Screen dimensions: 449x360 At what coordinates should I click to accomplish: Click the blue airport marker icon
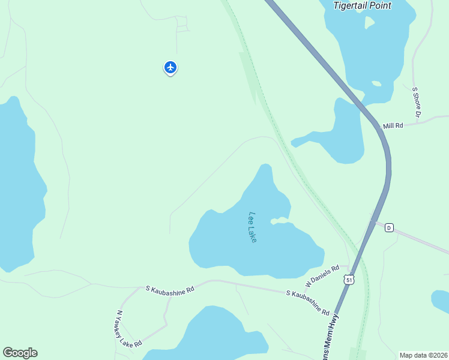click(x=170, y=67)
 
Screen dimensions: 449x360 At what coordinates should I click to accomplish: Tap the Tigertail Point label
click(x=363, y=5)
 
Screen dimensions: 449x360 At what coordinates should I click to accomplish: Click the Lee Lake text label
click(x=253, y=227)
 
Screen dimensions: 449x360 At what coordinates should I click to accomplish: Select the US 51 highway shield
click(x=349, y=279)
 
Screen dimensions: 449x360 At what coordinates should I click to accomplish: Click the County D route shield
click(x=389, y=227)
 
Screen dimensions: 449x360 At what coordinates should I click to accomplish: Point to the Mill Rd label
click(x=393, y=125)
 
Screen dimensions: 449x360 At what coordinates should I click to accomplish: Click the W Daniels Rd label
click(x=322, y=275)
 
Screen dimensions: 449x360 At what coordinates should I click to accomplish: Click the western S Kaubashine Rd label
click(x=170, y=289)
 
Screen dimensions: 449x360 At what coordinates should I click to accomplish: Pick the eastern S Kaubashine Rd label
click(x=307, y=303)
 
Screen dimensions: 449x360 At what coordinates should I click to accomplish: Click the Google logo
click(x=20, y=353)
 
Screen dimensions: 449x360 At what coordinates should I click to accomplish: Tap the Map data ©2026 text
click(x=423, y=355)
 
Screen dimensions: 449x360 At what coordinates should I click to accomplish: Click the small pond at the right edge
click(x=441, y=302)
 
